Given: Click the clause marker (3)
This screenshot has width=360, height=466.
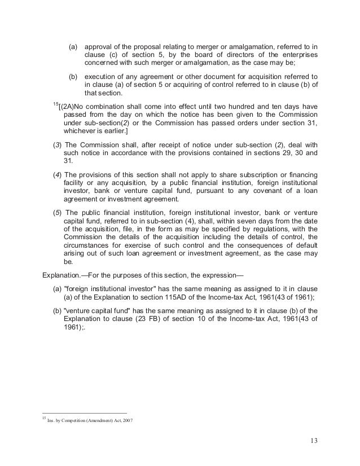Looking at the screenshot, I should (56, 144).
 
